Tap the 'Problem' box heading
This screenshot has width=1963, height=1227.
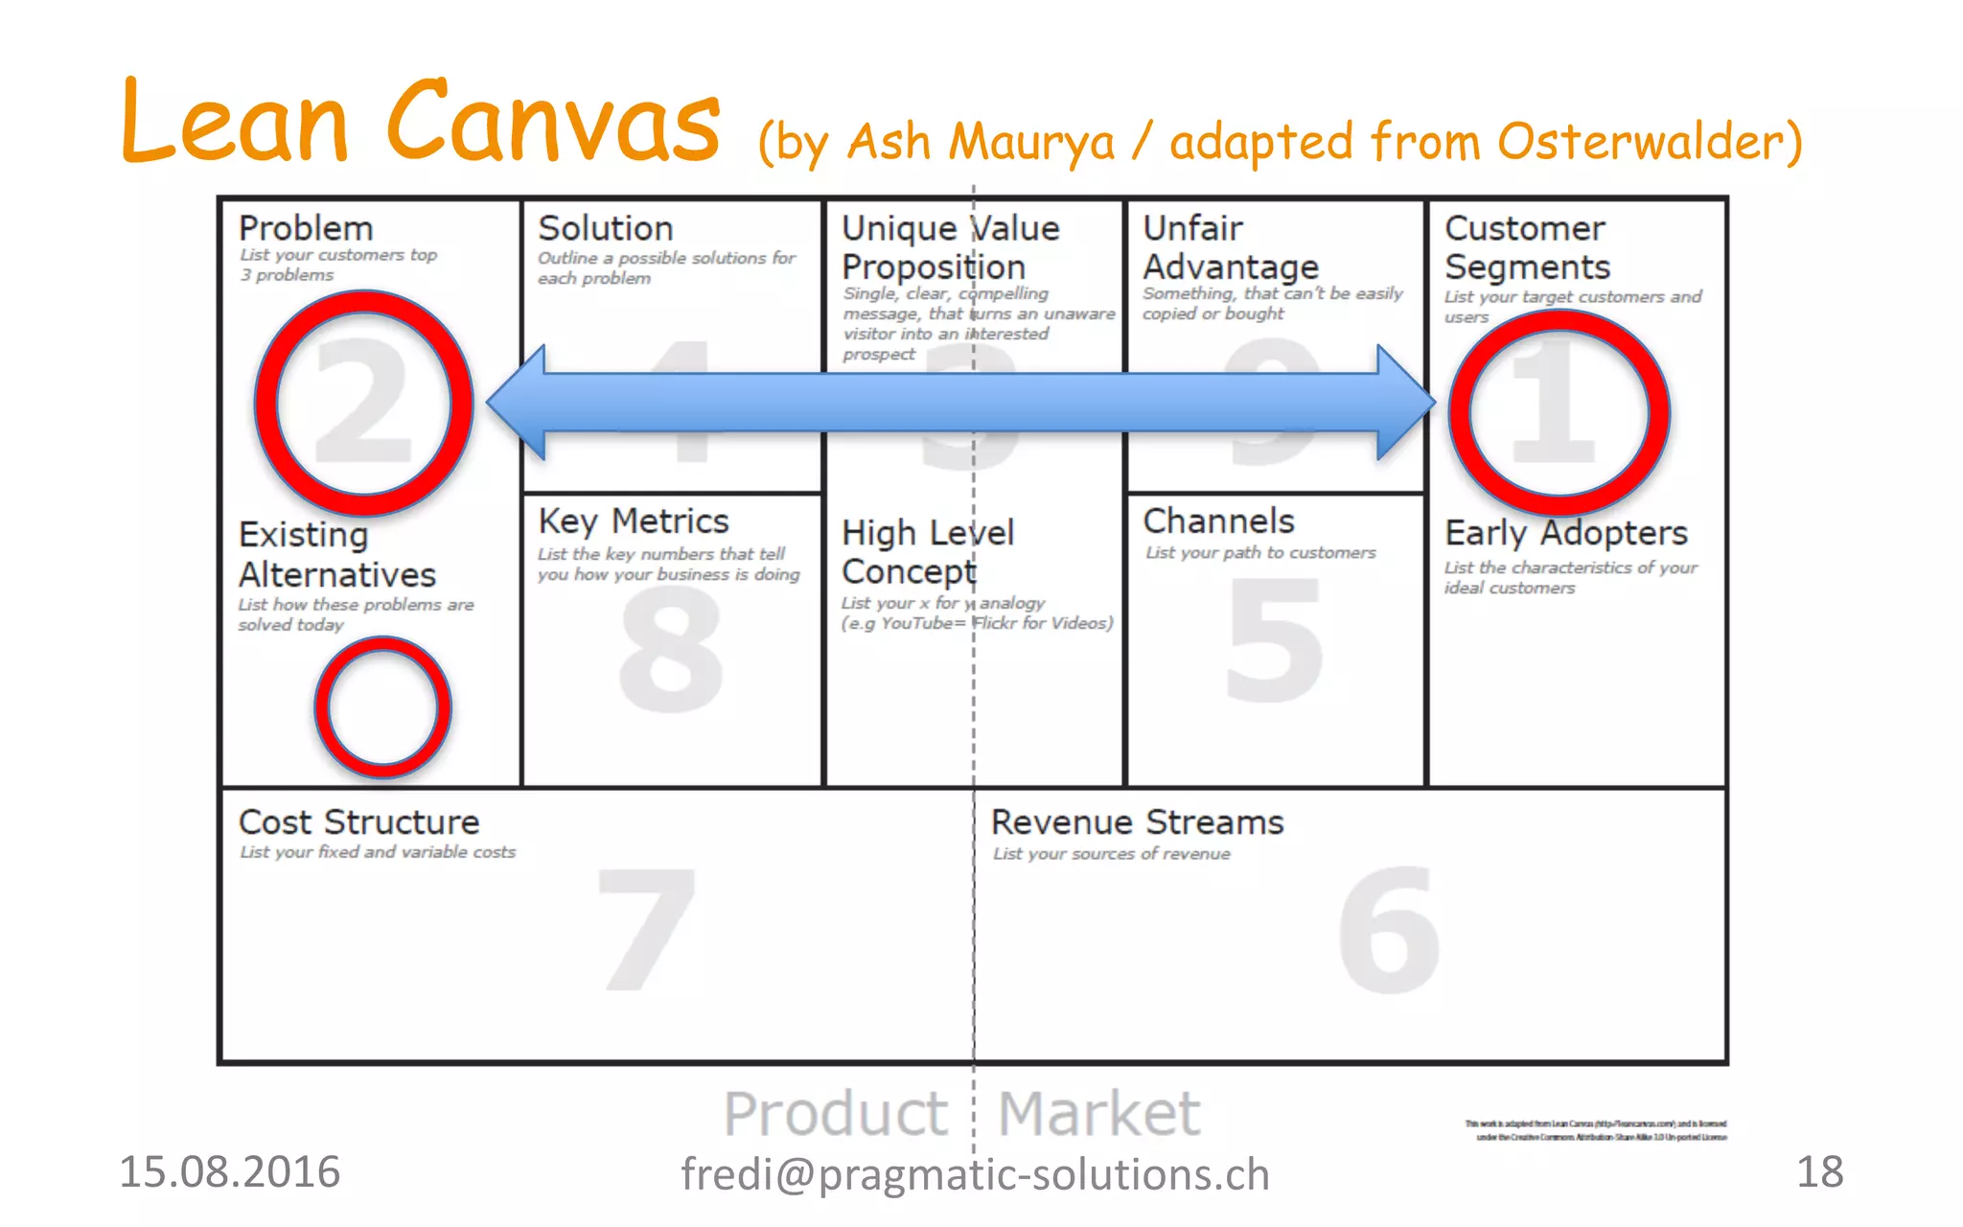coord(306,228)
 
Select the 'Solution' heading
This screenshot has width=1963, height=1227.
coord(606,228)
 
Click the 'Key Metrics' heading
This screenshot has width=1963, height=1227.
coord(634,521)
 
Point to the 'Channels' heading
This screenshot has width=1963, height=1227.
coord(1218,521)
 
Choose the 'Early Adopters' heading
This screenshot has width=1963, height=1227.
coord(1566,533)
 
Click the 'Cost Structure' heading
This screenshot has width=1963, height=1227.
coord(358,822)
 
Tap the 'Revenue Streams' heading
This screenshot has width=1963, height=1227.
coord(1137,822)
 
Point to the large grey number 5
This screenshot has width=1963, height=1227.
coord(1275,640)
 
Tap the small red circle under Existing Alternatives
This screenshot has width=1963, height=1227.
coord(382,707)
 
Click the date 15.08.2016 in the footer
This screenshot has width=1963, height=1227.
coord(229,1171)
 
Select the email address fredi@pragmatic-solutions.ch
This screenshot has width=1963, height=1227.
coord(975,1174)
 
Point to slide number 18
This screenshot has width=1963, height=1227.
coord(1819,1171)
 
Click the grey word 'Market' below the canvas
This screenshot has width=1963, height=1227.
coord(1098,1114)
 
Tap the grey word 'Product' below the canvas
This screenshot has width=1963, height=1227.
coord(835,1114)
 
